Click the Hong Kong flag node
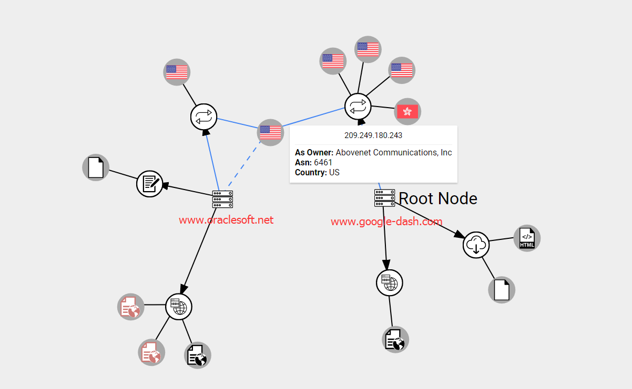click(407, 111)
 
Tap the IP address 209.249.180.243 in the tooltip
click(373, 135)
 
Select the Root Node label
click(438, 198)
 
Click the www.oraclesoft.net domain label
click(226, 220)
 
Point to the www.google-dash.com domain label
click(386, 222)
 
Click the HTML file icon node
click(527, 238)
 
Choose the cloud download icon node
click(476, 245)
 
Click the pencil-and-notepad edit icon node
click(149, 184)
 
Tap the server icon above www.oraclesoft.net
click(222, 199)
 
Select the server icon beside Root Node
click(384, 198)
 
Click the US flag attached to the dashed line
click(270, 132)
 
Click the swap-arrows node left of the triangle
click(203, 117)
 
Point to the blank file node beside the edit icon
click(96, 168)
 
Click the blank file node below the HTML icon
click(502, 290)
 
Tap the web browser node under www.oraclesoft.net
click(179, 306)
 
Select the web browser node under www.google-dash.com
click(390, 283)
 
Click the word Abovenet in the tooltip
click(356, 153)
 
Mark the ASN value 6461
click(323, 163)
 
